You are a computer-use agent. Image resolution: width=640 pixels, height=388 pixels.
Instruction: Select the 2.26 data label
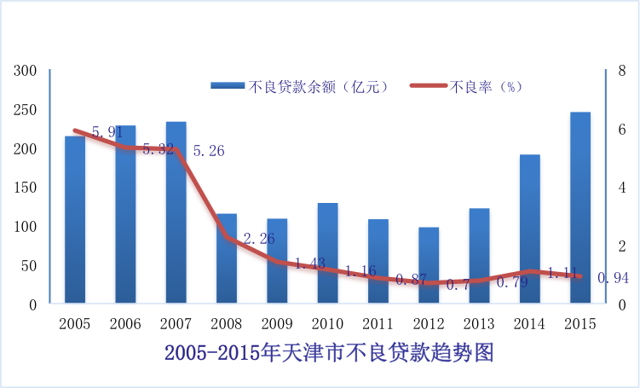(259, 240)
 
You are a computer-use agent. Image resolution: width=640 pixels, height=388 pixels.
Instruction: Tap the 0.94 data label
(614, 277)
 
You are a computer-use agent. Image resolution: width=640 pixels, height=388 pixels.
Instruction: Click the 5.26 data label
(209, 151)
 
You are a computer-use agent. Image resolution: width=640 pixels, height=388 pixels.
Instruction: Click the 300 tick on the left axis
(26, 70)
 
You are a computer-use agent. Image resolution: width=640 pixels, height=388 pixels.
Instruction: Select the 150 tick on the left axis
(26, 188)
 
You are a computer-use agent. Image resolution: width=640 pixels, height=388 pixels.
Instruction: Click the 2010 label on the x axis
(327, 323)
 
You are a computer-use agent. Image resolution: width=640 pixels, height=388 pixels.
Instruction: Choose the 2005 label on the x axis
(75, 323)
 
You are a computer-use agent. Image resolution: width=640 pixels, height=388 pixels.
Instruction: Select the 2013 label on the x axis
(479, 323)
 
